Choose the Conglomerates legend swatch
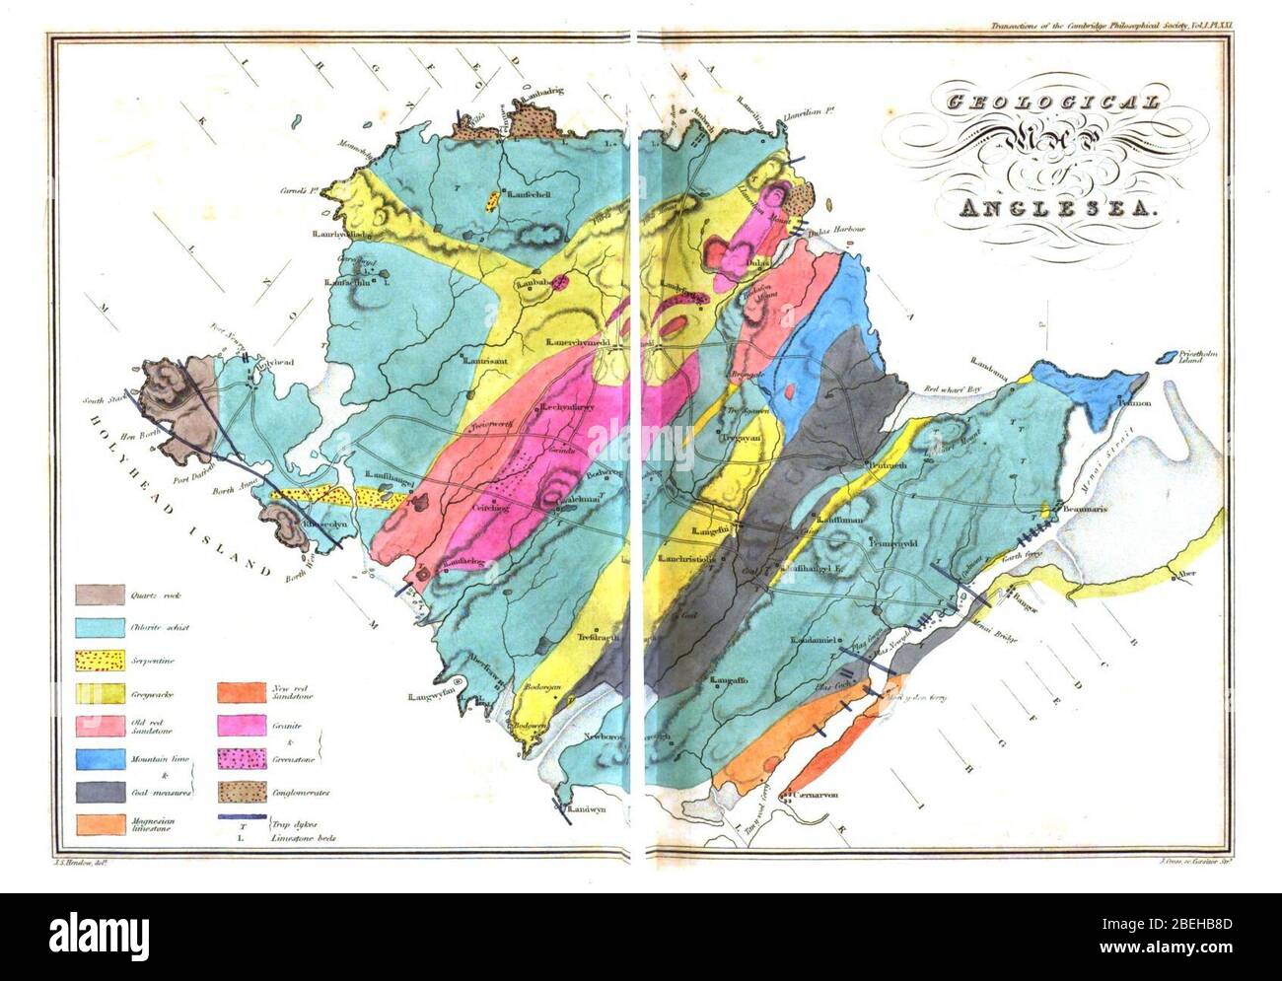pyautogui.click(x=243, y=792)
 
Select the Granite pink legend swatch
pyautogui.click(x=243, y=726)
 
